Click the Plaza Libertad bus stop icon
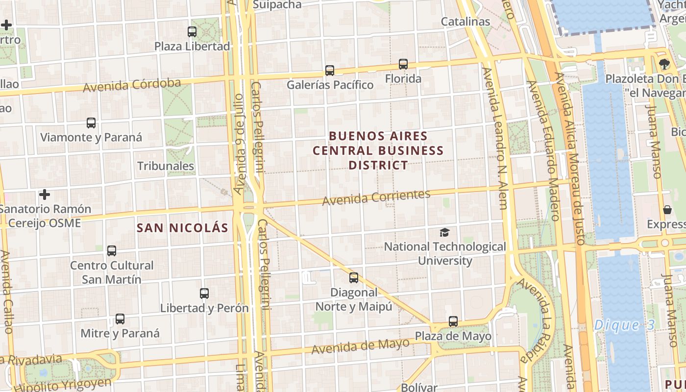[x=192, y=32]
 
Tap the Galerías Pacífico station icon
[x=330, y=71]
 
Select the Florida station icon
[x=403, y=64]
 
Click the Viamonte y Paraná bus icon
[x=91, y=123]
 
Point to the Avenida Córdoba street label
[x=132, y=85]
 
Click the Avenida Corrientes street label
[x=376, y=197]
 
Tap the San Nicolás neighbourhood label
[x=182, y=228]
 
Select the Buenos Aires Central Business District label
[x=378, y=150]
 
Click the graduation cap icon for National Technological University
[x=444, y=232]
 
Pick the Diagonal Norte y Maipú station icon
[x=354, y=278]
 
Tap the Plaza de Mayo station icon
[x=453, y=322]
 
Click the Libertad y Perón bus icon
[x=204, y=294]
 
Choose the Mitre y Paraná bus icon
[x=120, y=319]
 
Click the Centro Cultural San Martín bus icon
[x=112, y=251]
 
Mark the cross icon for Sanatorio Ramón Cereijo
[x=45, y=195]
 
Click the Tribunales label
[x=166, y=166]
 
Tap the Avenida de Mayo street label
[x=360, y=346]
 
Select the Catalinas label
[x=465, y=22]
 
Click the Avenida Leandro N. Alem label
[x=495, y=139]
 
